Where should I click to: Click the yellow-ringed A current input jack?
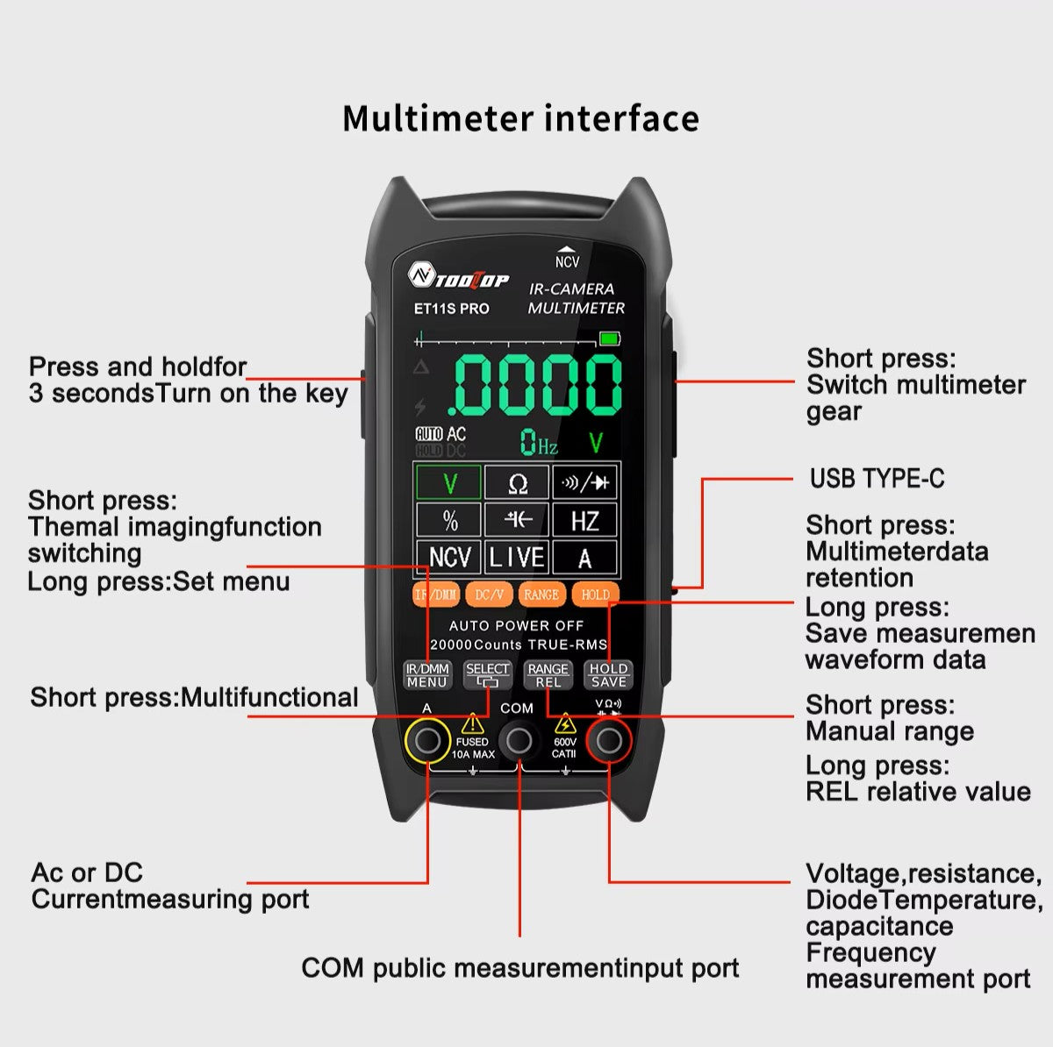point(427,741)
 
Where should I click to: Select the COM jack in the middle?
point(519,741)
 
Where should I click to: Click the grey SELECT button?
point(487,674)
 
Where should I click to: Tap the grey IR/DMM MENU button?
point(427,674)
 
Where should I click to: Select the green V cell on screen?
point(448,483)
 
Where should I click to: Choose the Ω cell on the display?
point(518,483)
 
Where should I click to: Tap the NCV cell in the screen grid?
point(448,557)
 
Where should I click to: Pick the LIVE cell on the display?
point(517,557)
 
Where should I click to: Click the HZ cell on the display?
point(584,520)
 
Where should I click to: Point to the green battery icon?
point(609,338)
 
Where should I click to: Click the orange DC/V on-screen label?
point(489,595)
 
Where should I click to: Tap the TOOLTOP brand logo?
point(459,278)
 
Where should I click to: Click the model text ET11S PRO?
point(451,309)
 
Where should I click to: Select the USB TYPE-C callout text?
point(877,479)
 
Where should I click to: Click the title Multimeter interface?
point(520,118)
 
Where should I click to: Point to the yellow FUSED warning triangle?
point(473,723)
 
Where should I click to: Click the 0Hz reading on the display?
point(538,443)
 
